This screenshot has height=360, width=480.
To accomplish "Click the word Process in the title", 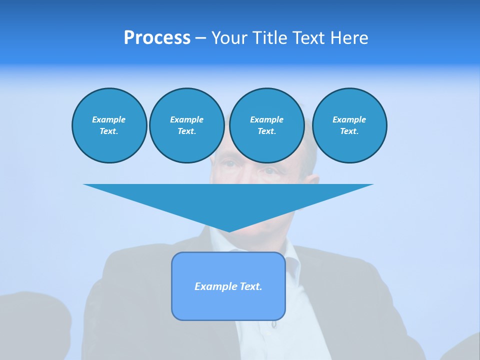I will (x=157, y=38).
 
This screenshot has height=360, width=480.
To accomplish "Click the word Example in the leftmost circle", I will (x=109, y=119).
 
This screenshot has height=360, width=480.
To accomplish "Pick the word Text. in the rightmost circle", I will (x=349, y=131).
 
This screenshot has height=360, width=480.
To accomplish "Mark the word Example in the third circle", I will (x=266, y=119).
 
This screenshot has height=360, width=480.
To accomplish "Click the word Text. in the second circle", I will (x=186, y=131).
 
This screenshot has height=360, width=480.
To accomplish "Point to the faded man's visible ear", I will (x=313, y=183).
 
